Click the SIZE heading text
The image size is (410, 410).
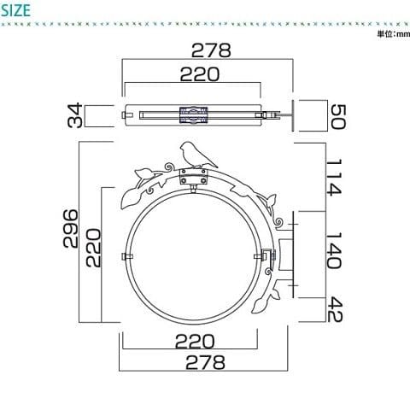click(x=15, y=10)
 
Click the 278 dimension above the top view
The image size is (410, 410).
click(x=211, y=50)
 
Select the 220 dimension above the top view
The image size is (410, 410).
click(x=200, y=74)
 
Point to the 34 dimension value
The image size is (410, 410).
click(x=75, y=115)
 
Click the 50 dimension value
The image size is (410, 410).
click(x=338, y=117)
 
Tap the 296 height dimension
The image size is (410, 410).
click(x=70, y=228)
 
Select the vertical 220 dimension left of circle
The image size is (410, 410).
click(x=93, y=248)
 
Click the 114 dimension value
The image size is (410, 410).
click(x=333, y=178)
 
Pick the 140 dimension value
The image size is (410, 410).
click(x=333, y=250)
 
